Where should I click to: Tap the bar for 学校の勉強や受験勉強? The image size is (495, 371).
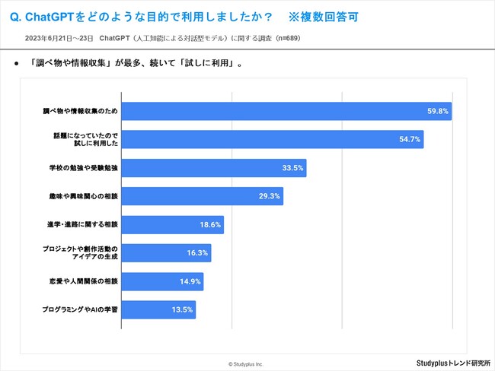click(x=214, y=168)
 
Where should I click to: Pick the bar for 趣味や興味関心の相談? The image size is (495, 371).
click(x=203, y=196)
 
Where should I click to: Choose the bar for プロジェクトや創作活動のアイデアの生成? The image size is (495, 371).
click(x=166, y=253)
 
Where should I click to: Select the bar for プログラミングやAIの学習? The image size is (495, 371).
click(x=158, y=309)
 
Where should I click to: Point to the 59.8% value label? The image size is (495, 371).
click(x=438, y=112)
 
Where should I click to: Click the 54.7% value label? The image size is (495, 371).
click(x=410, y=140)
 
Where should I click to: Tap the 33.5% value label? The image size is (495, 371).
click(x=292, y=168)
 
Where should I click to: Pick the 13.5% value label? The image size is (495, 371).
click(x=183, y=309)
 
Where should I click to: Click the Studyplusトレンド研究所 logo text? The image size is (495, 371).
click(x=453, y=363)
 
